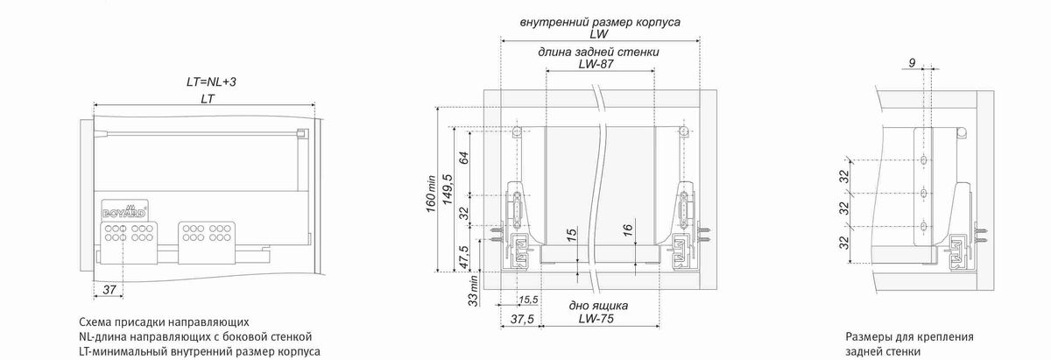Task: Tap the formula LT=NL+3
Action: (211, 81)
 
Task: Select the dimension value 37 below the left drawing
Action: (109, 290)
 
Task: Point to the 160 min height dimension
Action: (431, 194)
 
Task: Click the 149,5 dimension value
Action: (448, 189)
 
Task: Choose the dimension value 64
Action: (463, 158)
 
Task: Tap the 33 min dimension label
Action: (474, 291)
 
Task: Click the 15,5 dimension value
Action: (528, 300)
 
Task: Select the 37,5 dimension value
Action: (522, 319)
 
